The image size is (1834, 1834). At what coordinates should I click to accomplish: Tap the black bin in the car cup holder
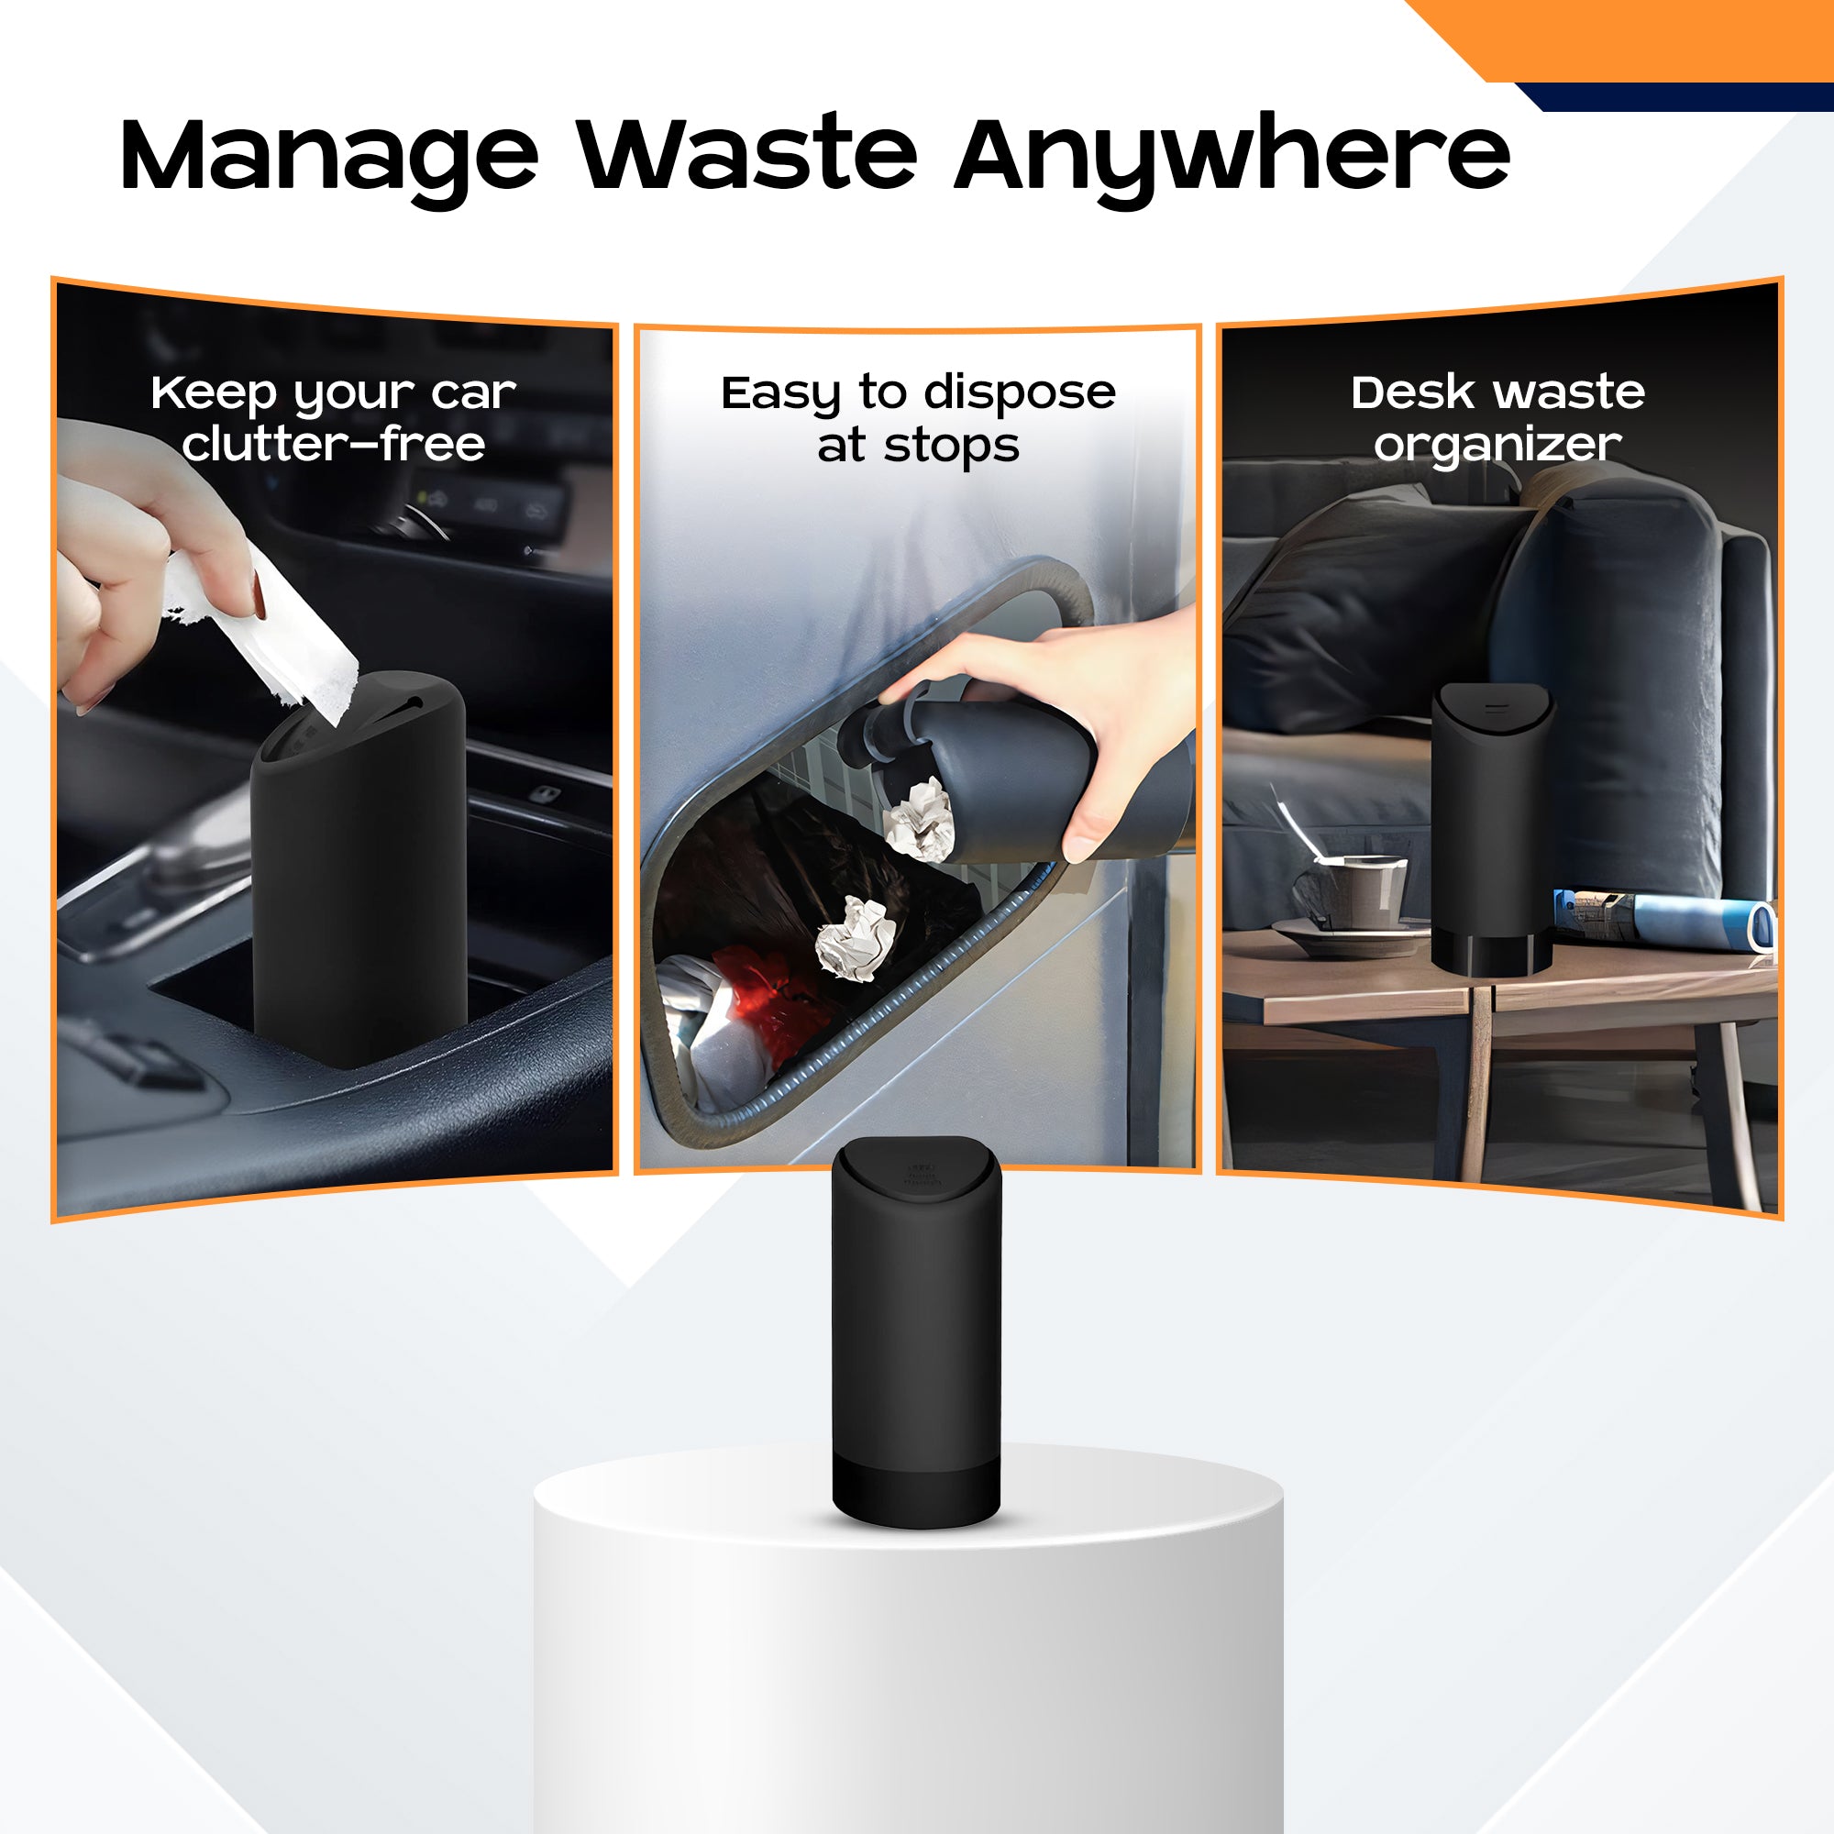coord(359,868)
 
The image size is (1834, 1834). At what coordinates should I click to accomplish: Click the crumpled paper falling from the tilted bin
coord(920,819)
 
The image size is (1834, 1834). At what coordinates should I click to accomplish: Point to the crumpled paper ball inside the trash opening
coord(856,937)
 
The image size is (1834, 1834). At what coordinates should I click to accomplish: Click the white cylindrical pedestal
coord(909,1651)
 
